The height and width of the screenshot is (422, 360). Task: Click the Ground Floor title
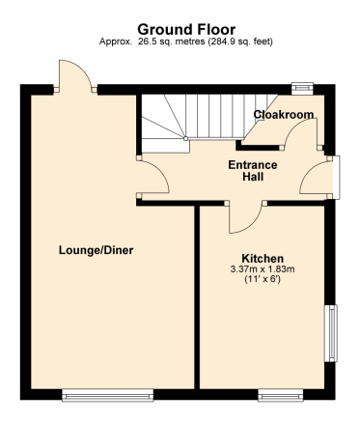[x=186, y=30]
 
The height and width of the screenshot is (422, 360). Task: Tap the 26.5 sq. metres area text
[x=172, y=42]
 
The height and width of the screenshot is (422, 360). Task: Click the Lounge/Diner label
[x=96, y=250]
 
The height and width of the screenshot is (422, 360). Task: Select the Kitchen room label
[x=263, y=259]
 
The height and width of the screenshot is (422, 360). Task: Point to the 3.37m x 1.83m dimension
[x=263, y=269]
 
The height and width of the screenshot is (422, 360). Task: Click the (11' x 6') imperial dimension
[x=263, y=279]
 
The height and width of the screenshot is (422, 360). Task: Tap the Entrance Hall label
[x=253, y=171]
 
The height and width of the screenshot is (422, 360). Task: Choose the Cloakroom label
[x=284, y=114]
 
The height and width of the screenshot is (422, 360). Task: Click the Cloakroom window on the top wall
[x=302, y=89]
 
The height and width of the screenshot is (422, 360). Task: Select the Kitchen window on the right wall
[x=331, y=333]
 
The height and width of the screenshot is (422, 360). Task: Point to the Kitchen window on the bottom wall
[x=281, y=395]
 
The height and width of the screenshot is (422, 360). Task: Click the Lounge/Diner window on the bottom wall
[x=107, y=395]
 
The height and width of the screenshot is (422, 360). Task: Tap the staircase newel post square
[x=185, y=139]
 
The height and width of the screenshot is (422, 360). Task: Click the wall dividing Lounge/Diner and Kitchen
[x=197, y=296]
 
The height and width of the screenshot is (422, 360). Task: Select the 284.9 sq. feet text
[x=240, y=42]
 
